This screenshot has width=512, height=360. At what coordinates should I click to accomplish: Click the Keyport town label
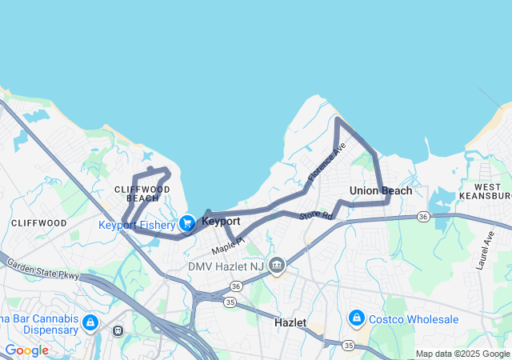coord(222,220)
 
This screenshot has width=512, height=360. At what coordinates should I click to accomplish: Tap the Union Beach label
coord(381,190)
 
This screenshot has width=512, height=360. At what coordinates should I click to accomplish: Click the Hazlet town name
coord(290,322)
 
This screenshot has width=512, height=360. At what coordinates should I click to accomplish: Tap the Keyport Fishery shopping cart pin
coord(187,223)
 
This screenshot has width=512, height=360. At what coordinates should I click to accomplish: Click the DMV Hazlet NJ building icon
coord(277,265)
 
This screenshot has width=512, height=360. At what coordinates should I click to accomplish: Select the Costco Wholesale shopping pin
coord(357,319)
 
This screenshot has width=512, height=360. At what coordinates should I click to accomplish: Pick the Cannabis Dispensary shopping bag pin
coord(90,322)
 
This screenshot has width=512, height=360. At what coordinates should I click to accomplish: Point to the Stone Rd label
coord(315,215)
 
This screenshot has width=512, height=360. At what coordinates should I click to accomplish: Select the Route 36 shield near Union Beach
coord(423,216)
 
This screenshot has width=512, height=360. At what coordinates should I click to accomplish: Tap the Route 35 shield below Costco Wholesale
coord(348,345)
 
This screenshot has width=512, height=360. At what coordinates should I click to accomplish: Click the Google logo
coord(26,350)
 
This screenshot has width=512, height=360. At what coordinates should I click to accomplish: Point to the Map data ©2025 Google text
coord(462,354)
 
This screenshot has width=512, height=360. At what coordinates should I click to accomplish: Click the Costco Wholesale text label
coord(414,319)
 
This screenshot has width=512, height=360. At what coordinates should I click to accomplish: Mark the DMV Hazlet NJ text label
coord(226,266)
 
